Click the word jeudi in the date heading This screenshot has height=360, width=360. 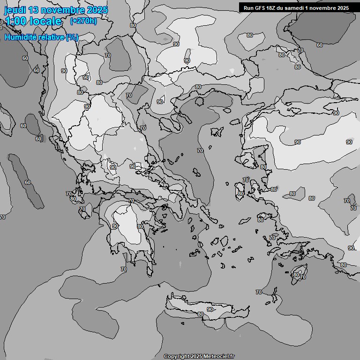pos(14,10)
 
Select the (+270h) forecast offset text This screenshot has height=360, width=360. pos(83,21)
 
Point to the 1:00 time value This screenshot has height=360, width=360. pos(15,21)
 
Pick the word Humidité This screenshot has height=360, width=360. pos(20,37)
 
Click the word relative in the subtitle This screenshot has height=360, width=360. pos(51,37)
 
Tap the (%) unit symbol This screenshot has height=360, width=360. pos(73,37)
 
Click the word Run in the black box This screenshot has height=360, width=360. pos(248,7)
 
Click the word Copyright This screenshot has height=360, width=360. pos(177,357)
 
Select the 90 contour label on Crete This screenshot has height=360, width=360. pos(210,309)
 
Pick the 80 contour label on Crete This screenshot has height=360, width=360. pos(201,314)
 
